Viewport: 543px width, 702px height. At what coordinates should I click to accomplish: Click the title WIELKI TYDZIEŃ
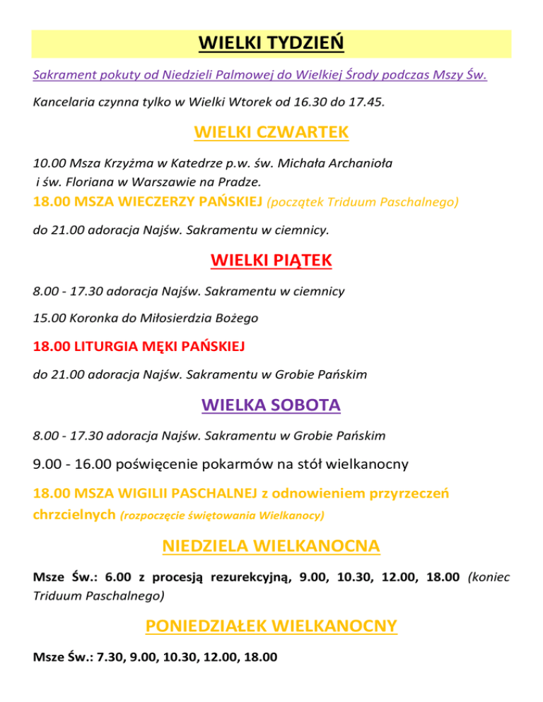(x=271, y=43)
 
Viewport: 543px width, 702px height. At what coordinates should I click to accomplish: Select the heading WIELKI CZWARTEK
(x=271, y=133)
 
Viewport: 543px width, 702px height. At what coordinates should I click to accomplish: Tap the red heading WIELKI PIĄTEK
(x=271, y=262)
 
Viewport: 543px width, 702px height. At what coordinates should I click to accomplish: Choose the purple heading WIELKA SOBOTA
(x=271, y=405)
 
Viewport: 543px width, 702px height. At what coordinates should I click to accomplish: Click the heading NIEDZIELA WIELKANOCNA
(x=271, y=547)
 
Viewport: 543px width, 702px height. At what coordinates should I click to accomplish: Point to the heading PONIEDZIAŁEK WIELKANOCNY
(x=271, y=626)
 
